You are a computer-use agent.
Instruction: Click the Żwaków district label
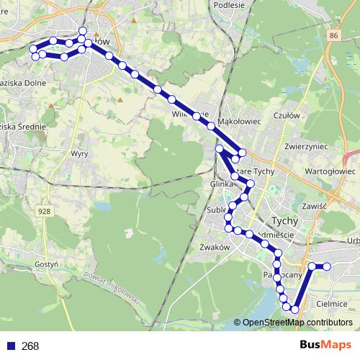(213, 246)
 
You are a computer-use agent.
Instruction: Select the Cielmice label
(332, 304)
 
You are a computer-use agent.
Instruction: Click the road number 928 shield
(45, 211)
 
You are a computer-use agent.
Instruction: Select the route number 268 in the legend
(30, 346)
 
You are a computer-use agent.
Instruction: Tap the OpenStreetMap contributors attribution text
(297, 323)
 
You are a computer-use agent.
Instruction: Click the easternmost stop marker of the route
(327, 266)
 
